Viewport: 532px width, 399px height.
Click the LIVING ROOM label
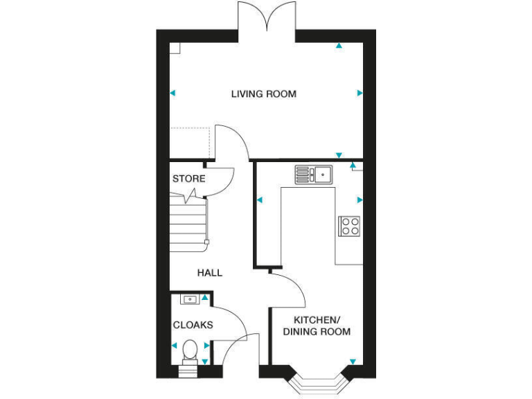264,94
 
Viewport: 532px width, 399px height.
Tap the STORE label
188,179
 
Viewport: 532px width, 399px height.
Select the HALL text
210,273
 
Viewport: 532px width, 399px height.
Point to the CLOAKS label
193,325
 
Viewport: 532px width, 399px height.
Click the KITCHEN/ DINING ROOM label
317,326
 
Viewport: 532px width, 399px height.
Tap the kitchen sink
314,174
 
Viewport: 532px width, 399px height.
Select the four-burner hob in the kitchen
349,226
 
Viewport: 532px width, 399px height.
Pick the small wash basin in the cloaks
188,299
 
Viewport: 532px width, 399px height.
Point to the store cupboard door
220,181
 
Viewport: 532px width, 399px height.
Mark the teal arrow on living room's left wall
172,93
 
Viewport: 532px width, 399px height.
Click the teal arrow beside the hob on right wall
360,200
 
